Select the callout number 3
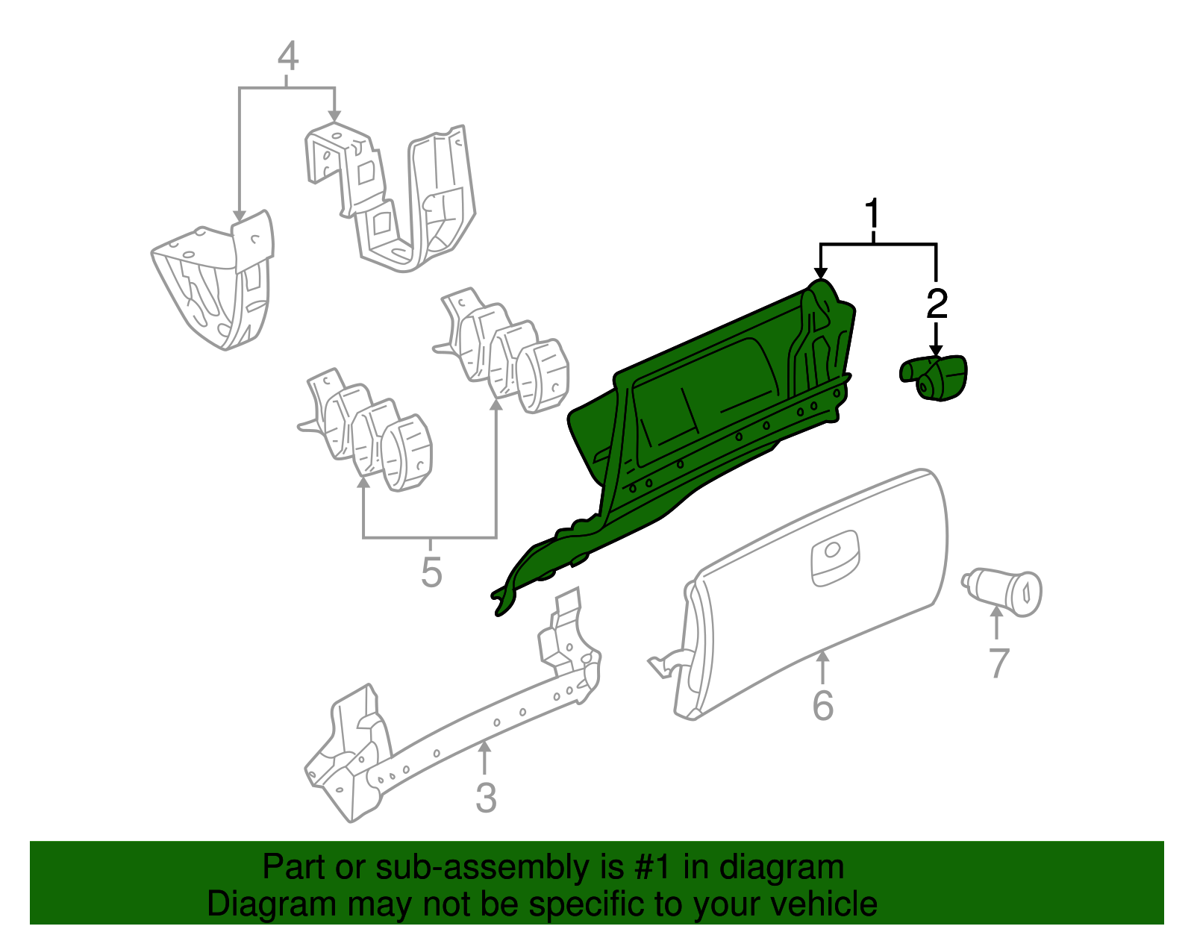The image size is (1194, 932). [486, 798]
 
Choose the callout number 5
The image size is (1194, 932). [431, 572]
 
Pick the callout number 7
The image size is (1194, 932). [998, 663]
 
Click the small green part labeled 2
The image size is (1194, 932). [933, 378]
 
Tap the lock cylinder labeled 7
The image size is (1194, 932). [1001, 592]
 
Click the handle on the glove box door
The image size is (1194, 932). [834, 557]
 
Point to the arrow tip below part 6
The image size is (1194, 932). [822, 651]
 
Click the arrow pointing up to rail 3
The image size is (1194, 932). [484, 758]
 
